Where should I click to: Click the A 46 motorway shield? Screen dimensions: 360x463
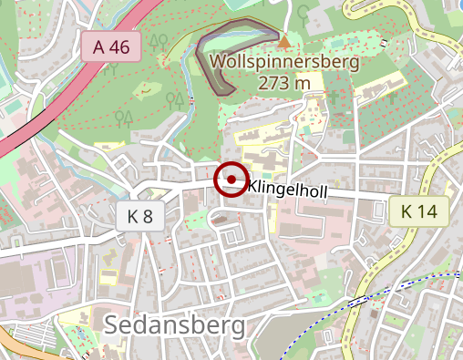coord(111,47)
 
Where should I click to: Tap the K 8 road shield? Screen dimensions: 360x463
coord(140,216)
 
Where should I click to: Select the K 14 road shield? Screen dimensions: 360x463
coord(419,212)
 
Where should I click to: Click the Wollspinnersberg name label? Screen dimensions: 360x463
coord(284,62)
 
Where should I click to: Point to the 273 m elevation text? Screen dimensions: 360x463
coord(284,84)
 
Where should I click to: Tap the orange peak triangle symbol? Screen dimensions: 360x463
coord(285,41)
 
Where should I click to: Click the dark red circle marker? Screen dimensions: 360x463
coord(231,180)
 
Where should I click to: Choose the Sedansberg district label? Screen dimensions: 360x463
coord(174,325)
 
